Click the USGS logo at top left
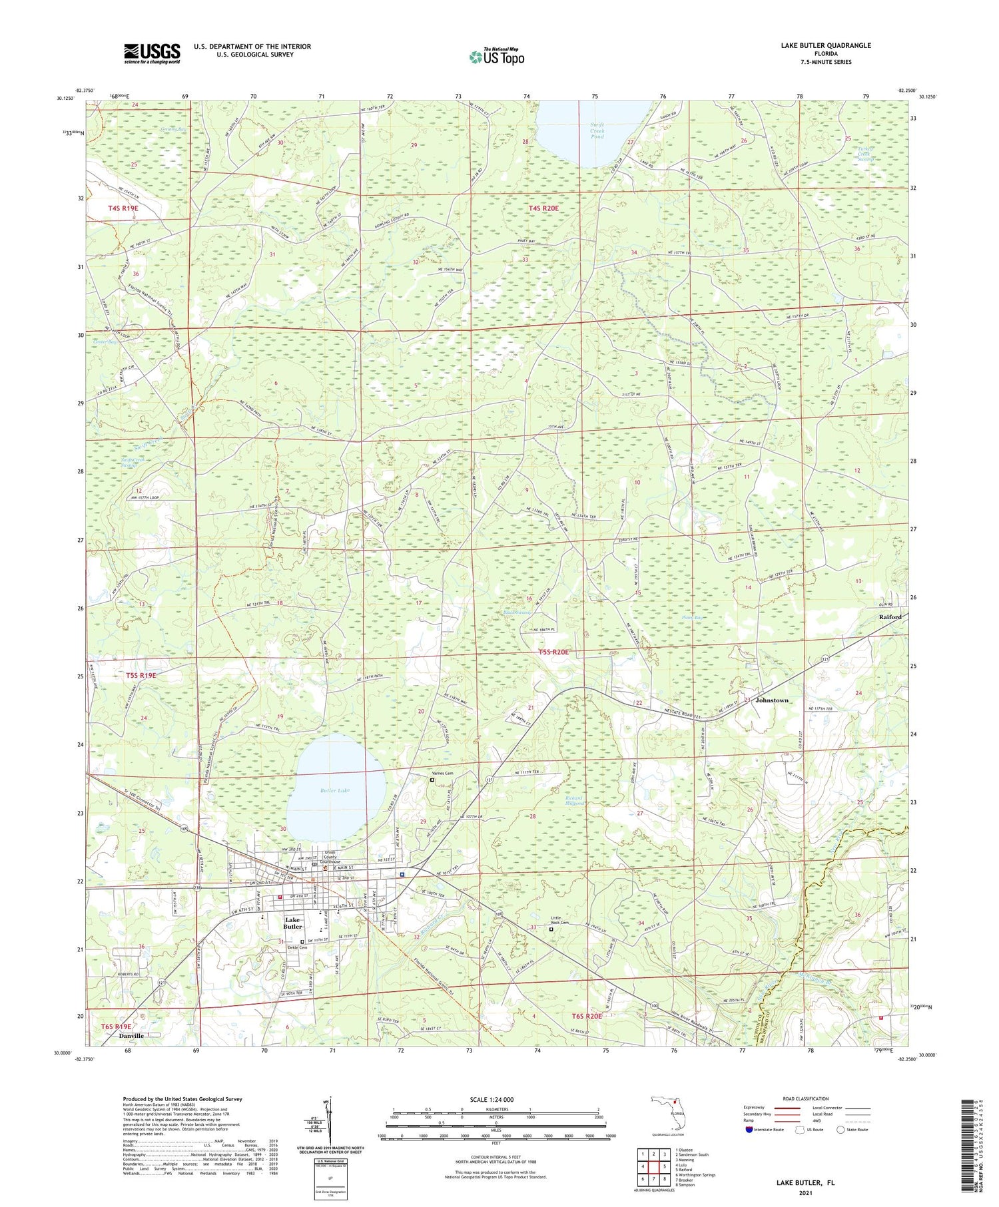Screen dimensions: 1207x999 pyautogui.click(x=152, y=53)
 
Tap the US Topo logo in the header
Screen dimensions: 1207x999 pyautogui.click(x=496, y=57)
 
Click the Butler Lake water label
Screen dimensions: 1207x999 pyautogui.click(x=334, y=790)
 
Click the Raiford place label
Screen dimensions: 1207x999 pyautogui.click(x=890, y=617)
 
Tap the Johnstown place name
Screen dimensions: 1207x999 pyautogui.click(x=772, y=700)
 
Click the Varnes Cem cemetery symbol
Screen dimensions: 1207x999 pyautogui.click(x=432, y=780)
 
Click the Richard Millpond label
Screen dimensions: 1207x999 pyautogui.click(x=573, y=800)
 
